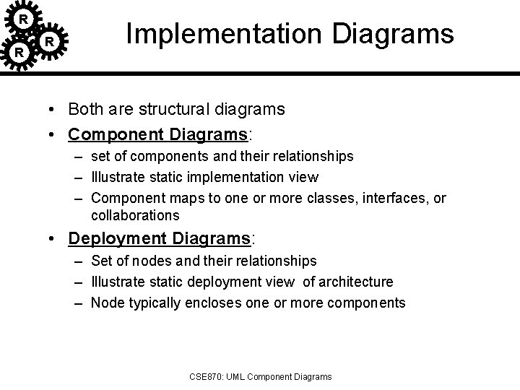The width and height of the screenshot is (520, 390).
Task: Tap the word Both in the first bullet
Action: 84,109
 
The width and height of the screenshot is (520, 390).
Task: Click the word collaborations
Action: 136,215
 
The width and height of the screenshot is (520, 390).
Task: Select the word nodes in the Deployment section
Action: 140,260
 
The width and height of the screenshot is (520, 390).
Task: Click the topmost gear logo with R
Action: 24,17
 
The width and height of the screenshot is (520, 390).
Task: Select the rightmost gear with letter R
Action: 49,42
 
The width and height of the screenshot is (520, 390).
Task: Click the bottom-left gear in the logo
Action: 20,53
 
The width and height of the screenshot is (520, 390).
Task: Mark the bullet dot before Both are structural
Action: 54,110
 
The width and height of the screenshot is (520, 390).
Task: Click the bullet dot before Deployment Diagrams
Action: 54,239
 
